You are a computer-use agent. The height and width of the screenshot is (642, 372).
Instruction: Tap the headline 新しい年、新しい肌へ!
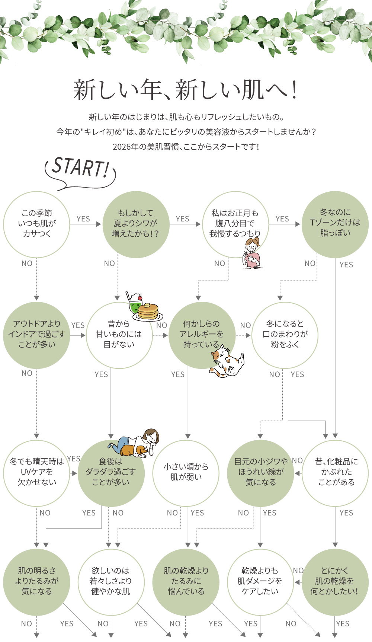point(186,90)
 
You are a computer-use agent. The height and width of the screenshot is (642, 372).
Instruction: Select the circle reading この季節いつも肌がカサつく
point(36,224)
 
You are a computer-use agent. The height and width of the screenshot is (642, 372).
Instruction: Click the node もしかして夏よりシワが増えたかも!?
point(135,224)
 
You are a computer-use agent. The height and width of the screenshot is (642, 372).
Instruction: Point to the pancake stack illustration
point(148,312)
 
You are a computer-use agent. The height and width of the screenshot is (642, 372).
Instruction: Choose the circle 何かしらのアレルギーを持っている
point(201,335)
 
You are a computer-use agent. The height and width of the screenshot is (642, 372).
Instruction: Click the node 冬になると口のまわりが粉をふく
point(285,335)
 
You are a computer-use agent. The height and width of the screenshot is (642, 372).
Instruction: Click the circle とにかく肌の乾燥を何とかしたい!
point(335,581)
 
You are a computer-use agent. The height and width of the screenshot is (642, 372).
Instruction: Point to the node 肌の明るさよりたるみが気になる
point(36,581)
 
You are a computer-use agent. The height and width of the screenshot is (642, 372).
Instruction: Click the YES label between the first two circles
point(83,219)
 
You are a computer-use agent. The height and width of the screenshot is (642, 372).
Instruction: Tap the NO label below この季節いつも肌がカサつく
point(27,263)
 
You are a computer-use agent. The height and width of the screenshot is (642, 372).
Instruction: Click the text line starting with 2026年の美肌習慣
point(186,147)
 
